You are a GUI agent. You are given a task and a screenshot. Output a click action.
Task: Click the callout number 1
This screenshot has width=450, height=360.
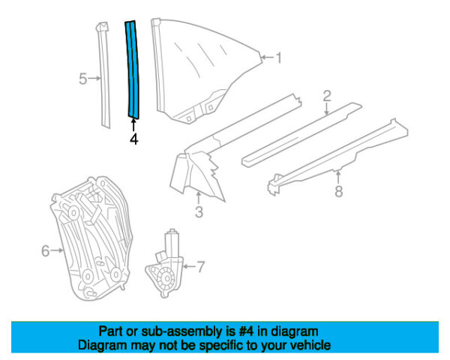pos(278,57)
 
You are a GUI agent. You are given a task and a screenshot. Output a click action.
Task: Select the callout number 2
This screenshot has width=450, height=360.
pos(327,94)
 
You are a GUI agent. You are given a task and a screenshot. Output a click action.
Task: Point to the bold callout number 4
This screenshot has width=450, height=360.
pos(133,139)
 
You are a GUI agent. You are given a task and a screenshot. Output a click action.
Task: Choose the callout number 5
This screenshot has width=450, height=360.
pos(84,76)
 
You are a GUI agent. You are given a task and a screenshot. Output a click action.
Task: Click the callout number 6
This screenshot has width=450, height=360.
pos(44,251)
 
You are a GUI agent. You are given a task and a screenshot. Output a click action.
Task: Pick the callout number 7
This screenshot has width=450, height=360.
pos(200,265)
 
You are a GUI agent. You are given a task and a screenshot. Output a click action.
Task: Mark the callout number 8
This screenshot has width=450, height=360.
pos(338,192)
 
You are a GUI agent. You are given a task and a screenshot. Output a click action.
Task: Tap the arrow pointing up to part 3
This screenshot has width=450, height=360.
pos(198,196)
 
